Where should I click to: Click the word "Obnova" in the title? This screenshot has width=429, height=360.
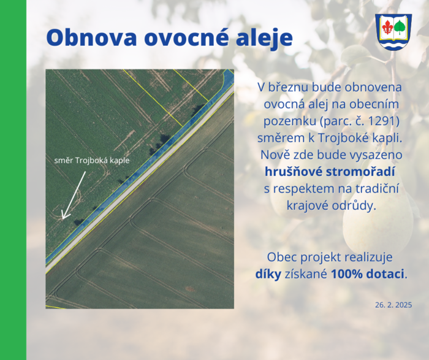click(92, 37)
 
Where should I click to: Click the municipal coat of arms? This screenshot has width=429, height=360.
click(393, 32)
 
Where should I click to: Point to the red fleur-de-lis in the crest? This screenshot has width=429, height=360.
click(387, 27)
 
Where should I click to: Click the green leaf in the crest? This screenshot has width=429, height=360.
click(400, 28)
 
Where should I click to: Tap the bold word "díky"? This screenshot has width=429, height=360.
click(268, 274)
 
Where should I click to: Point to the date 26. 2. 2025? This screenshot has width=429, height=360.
click(393, 305)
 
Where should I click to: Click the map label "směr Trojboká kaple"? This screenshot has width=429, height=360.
click(92, 161)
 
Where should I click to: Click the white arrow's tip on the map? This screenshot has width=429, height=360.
click(63, 220)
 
